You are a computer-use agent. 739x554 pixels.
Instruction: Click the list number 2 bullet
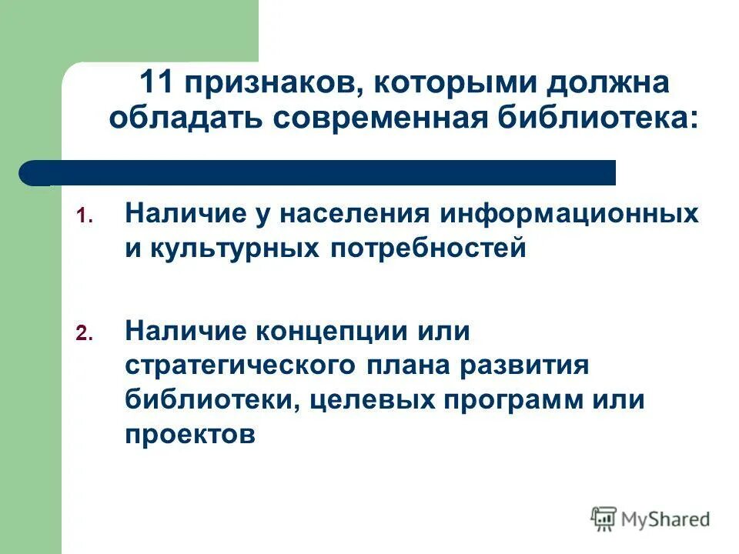coord(84,333)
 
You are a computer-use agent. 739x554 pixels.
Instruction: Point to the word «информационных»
coord(570,213)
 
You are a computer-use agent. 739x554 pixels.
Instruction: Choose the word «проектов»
coord(189,436)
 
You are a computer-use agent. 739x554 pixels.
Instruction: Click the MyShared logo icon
coord(604,519)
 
